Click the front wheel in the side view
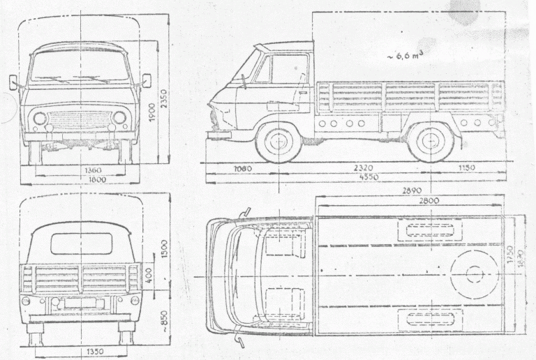click(x=278, y=140)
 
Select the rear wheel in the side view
click(x=430, y=140)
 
